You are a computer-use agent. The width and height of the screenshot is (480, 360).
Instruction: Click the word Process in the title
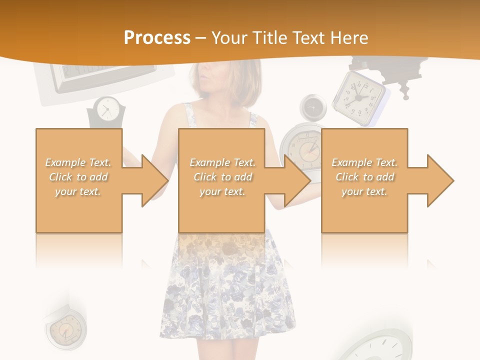tap(157, 37)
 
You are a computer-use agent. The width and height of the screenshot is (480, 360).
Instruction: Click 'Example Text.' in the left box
tap(78, 162)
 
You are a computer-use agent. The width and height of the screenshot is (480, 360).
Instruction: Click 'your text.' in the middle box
tap(222, 191)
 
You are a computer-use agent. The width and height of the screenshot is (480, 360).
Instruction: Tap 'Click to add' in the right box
tap(364, 177)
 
